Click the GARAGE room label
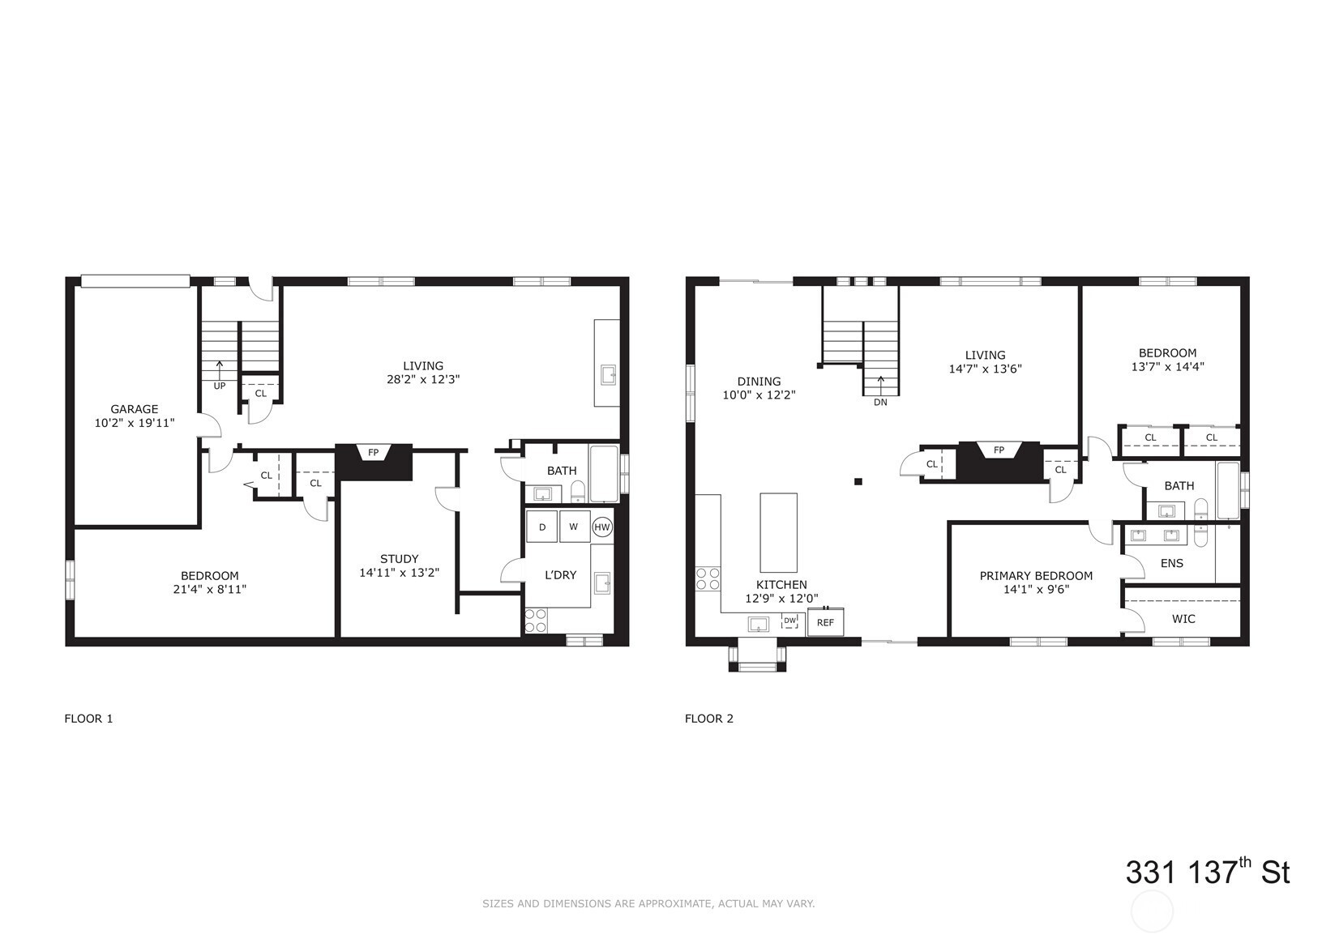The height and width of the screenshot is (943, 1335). click(134, 409)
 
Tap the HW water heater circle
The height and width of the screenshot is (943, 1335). click(602, 527)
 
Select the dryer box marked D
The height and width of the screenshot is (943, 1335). click(541, 527)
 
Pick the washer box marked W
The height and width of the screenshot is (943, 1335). click(574, 527)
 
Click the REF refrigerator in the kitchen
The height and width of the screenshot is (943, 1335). click(825, 622)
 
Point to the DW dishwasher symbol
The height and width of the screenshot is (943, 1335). click(789, 621)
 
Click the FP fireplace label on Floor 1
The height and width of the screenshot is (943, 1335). click(373, 453)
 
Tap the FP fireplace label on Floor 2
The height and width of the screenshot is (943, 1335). click(999, 450)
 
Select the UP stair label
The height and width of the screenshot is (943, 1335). click(220, 386)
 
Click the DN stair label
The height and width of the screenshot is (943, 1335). click(880, 403)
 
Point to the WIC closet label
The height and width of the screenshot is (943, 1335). click(1183, 619)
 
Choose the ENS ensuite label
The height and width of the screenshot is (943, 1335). click(1172, 564)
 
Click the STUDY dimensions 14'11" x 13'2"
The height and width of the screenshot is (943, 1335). click(400, 573)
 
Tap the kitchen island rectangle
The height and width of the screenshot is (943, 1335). click(778, 532)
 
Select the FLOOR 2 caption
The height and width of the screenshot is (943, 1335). click(708, 719)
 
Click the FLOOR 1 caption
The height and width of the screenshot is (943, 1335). click(88, 719)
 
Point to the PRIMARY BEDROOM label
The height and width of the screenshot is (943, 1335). click(1036, 576)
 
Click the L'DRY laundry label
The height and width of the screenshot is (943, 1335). click(560, 575)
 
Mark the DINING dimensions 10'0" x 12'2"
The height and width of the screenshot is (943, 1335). click(759, 395)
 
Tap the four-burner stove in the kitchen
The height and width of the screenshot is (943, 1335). click(708, 578)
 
